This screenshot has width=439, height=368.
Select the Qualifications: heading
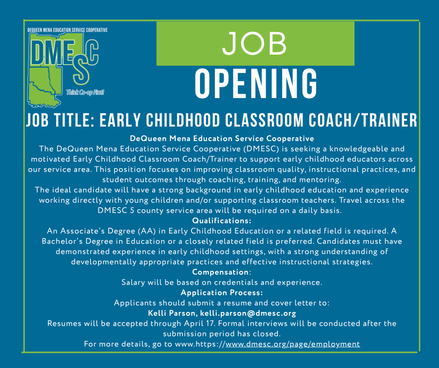(x=222, y=220)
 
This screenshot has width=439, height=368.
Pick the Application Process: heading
(x=221, y=293)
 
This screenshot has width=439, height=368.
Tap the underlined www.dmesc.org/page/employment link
(x=293, y=344)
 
